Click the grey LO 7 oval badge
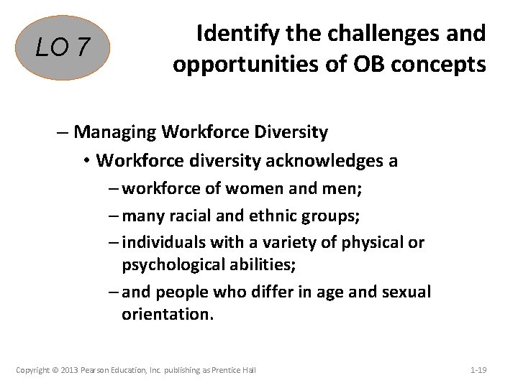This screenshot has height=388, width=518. pos(64,48)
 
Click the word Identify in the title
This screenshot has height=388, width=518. pos(232,33)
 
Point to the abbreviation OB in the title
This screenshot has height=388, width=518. pos(367,65)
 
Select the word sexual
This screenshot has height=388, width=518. pos(406,292)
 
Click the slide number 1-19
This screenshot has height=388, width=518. pos(478,370)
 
